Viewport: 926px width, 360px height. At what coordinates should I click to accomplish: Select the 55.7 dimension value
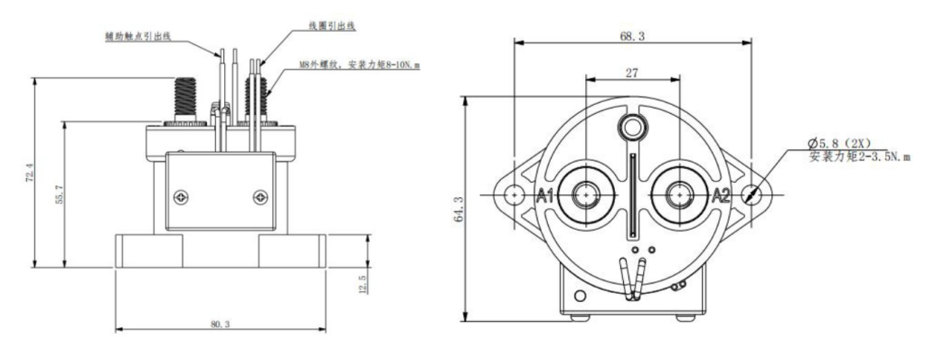pos(59,194)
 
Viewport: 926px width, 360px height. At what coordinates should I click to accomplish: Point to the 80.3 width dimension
pos(220,325)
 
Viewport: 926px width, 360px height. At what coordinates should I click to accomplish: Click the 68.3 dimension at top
pos(632,37)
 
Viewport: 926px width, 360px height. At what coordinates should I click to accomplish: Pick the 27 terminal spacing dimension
pos(632,73)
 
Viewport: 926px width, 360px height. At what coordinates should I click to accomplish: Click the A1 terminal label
pos(544,195)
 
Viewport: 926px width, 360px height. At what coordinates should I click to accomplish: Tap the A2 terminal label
pos(721,195)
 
